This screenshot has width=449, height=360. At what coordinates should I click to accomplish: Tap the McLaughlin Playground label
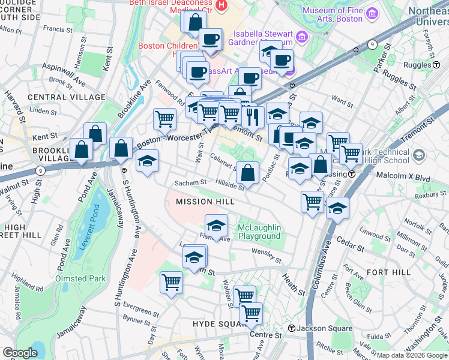pyautogui.click(x=258, y=231)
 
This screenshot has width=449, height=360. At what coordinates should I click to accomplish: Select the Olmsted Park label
pyautogui.click(x=80, y=278)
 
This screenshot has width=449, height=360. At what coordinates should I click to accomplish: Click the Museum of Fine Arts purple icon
pyautogui.click(x=372, y=13)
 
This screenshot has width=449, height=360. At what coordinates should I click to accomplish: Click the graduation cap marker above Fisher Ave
pyautogui.click(x=216, y=226)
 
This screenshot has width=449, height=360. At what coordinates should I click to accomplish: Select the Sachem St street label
pyautogui.click(x=190, y=182)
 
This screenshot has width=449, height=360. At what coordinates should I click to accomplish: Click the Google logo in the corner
pyautogui.click(x=20, y=353)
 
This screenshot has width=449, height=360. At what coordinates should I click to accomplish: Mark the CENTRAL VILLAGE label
pyautogui.click(x=58, y=97)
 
